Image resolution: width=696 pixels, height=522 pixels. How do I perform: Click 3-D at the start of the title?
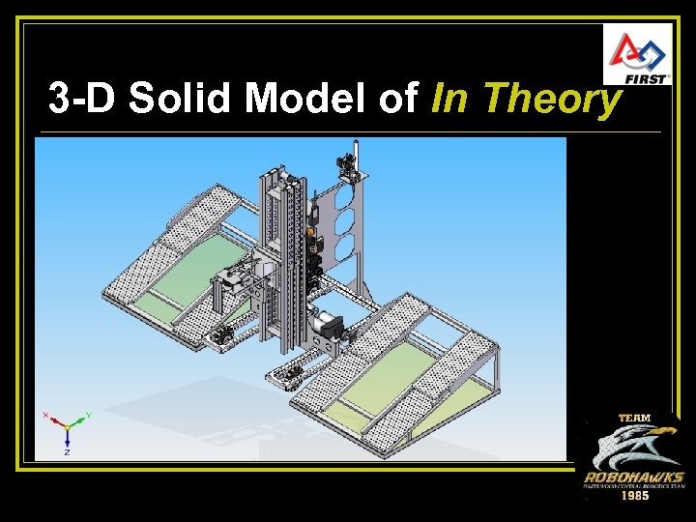tap(80, 99)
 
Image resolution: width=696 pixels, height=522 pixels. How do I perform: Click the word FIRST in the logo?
tap(649, 77)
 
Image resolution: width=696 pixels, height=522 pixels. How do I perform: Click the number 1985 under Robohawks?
tap(634, 495)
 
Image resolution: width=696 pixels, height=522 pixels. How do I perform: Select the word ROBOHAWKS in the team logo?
tap(634, 478)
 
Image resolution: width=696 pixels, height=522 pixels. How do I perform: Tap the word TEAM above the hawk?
tap(634, 418)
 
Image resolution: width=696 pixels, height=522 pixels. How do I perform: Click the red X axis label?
tap(45, 415)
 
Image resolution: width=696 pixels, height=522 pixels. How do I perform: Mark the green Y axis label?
tap(89, 415)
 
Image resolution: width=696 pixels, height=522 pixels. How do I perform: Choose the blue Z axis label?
tap(67, 451)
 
